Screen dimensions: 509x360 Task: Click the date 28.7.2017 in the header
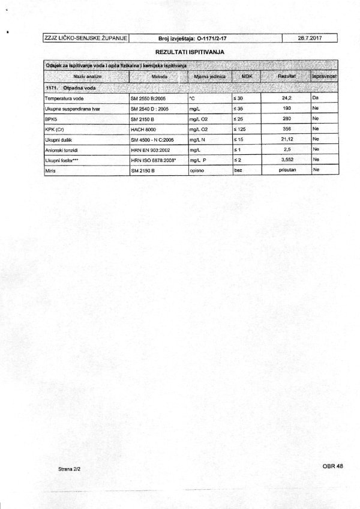coord(310,39)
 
